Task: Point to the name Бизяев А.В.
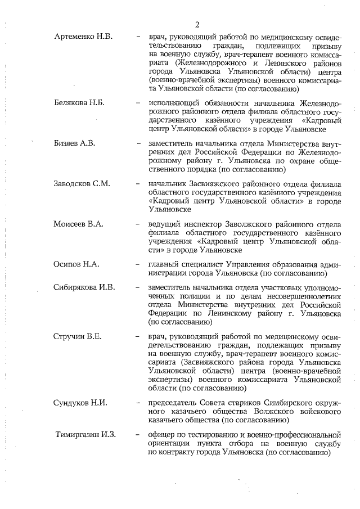click(x=75, y=143)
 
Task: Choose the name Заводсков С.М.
click(x=82, y=183)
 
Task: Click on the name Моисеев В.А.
click(x=78, y=224)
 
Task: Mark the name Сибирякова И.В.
click(x=84, y=287)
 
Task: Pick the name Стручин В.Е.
click(x=78, y=336)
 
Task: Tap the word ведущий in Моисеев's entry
click(x=164, y=224)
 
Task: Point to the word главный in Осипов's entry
click(x=163, y=264)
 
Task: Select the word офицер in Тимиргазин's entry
click(x=161, y=435)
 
